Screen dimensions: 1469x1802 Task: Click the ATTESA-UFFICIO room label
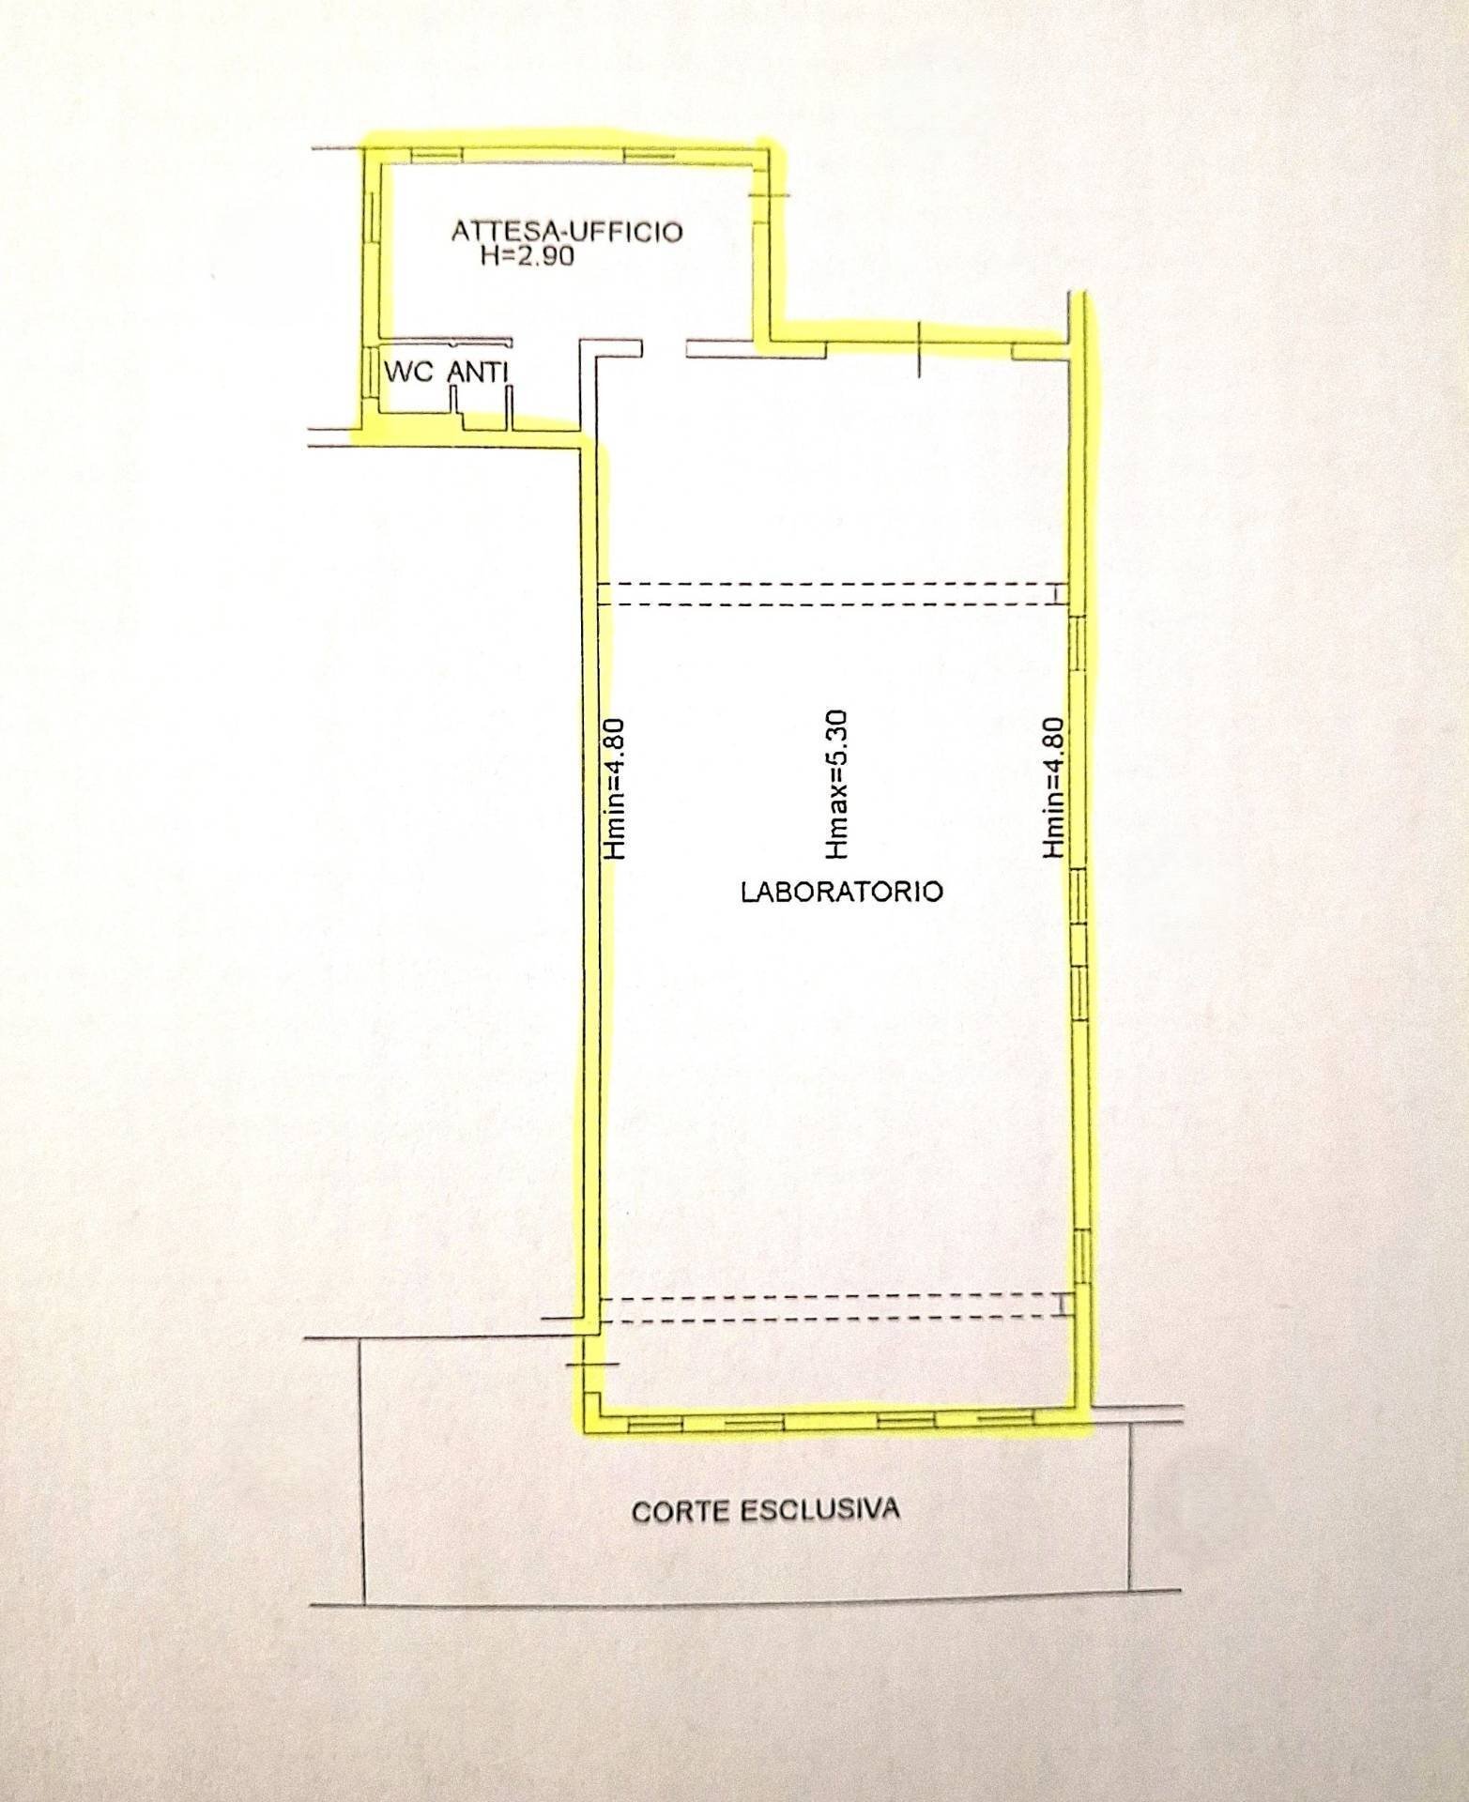coord(567,232)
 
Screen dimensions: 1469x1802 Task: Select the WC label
coord(408,372)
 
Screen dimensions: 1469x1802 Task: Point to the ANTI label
coord(478,372)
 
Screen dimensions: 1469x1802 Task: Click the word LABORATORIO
coord(842,891)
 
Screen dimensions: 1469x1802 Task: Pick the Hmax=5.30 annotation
coord(835,785)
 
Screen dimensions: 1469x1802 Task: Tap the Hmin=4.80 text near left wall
coord(616,788)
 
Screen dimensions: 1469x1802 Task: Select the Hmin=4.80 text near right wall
coord(1054,787)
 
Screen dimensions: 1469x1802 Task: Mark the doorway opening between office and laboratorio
coord(665,347)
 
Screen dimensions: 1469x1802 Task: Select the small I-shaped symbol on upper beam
coord(1057,594)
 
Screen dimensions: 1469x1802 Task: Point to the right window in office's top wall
coord(649,155)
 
